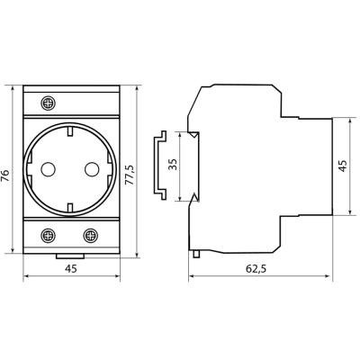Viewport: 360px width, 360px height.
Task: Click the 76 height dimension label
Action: [5, 175]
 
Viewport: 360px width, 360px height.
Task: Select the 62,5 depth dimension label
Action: [256, 269]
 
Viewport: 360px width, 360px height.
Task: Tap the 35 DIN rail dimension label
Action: [173, 165]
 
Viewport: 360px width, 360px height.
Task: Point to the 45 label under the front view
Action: [71, 269]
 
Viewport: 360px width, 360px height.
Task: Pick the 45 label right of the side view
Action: [343, 166]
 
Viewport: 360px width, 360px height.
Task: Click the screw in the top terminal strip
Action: [48, 103]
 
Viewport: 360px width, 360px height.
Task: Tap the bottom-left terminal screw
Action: [48, 236]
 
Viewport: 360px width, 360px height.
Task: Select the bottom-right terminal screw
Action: [90, 236]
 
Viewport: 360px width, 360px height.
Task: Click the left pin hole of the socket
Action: [48, 169]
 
